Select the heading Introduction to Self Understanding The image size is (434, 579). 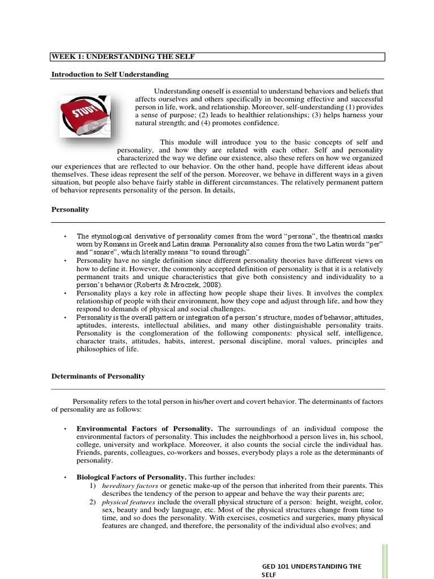pos(110,75)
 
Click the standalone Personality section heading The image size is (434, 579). pos(70,209)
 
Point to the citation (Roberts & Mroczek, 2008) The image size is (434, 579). pos(182,285)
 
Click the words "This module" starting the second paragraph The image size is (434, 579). pos(179,141)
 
